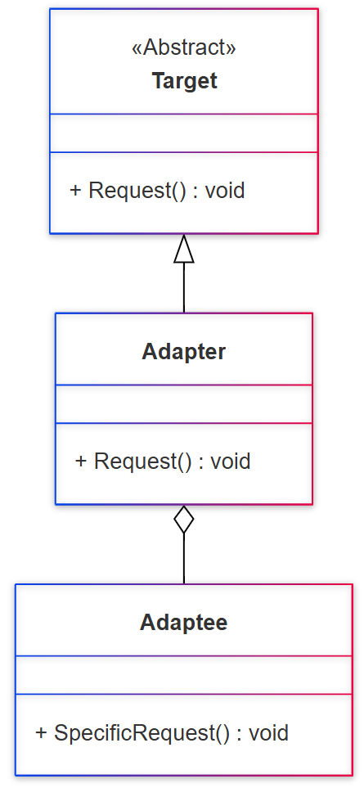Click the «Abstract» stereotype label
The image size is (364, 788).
184,48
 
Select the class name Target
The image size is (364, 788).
184,81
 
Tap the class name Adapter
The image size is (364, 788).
184,352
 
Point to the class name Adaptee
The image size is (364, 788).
184,623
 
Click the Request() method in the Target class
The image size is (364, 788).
137,191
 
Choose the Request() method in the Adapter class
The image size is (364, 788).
143,462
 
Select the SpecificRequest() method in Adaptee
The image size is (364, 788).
142,732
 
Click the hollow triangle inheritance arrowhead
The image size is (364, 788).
184,249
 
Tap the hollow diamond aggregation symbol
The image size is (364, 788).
184,520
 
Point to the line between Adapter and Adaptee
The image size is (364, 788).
184,560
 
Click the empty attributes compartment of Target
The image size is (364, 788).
184,133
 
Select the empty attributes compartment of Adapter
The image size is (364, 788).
184,404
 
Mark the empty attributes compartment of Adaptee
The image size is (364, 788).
184,675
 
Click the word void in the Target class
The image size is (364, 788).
225,191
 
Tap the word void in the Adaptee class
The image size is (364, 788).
268,732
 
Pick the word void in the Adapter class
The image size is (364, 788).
231,462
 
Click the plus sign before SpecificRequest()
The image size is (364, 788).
41,732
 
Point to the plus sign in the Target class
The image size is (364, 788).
75,191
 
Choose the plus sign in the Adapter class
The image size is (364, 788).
81,462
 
